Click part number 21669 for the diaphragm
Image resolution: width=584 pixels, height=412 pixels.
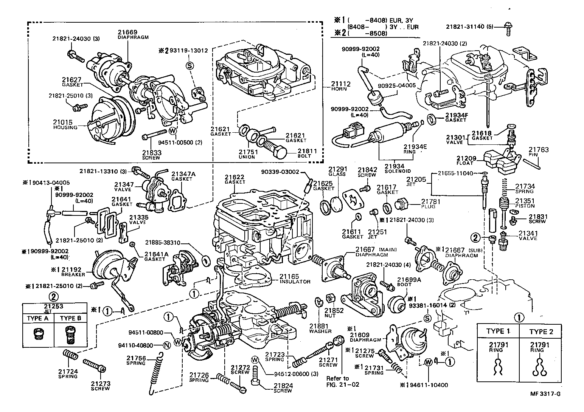[127, 33]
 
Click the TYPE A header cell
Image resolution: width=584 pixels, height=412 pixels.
[37, 318]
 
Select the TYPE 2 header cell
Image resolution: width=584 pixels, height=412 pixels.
[541, 331]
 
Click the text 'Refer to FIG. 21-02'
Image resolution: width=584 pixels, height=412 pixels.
[338, 381]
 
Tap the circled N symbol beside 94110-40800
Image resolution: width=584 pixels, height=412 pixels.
[165, 345]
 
